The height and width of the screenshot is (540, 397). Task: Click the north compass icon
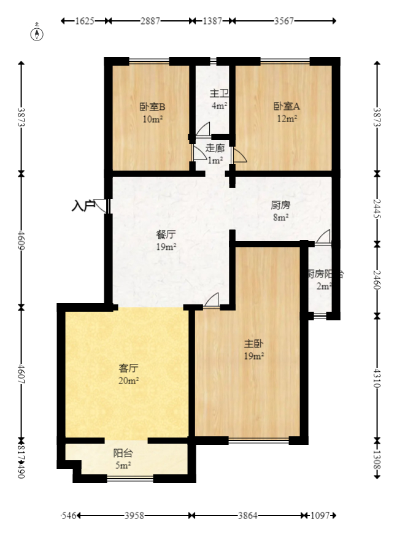point(38,32)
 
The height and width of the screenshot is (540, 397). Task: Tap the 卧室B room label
point(152,106)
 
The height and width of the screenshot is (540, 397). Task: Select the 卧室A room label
point(286,106)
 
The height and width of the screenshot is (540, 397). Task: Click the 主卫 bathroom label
point(219,93)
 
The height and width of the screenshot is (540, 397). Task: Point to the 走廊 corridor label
point(215,148)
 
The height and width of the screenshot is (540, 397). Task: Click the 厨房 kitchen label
point(280,205)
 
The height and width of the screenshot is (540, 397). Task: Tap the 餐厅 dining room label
point(166,234)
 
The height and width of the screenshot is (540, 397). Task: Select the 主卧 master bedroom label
point(254,344)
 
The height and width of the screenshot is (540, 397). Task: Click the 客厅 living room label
point(128,368)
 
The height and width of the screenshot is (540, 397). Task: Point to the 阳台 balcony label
point(123,453)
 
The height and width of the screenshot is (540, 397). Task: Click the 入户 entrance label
point(83,205)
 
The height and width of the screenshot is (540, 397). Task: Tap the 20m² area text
point(128,380)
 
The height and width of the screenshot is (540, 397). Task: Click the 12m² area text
point(286,118)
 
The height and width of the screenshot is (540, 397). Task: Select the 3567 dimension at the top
point(284,21)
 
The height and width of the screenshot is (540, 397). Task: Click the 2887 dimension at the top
point(150,21)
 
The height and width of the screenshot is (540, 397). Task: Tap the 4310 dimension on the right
point(377,376)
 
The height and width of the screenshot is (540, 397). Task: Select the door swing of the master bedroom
point(212,299)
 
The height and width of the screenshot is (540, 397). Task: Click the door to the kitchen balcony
point(324,236)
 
